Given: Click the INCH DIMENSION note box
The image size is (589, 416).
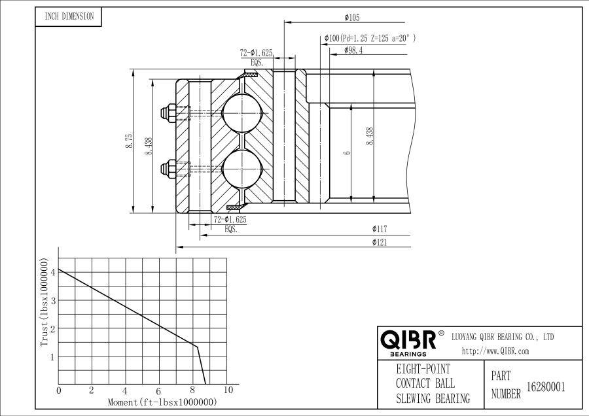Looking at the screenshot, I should click(x=69, y=17).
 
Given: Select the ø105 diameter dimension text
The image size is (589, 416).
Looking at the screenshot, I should click(x=351, y=18).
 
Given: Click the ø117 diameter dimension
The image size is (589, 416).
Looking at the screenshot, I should click(x=380, y=229).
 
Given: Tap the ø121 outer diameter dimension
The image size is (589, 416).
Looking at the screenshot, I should click(x=380, y=243).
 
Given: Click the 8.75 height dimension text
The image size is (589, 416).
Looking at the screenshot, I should click(x=129, y=141).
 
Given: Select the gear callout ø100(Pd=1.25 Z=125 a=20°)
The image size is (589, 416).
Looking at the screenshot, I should click(x=370, y=39).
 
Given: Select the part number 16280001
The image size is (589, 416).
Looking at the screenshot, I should click(x=545, y=386).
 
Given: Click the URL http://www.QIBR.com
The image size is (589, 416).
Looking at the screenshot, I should click(x=495, y=351).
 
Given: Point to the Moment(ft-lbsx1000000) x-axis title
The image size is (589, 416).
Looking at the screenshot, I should click(x=162, y=402).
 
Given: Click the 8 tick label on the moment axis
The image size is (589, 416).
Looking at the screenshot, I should click(x=193, y=390).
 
